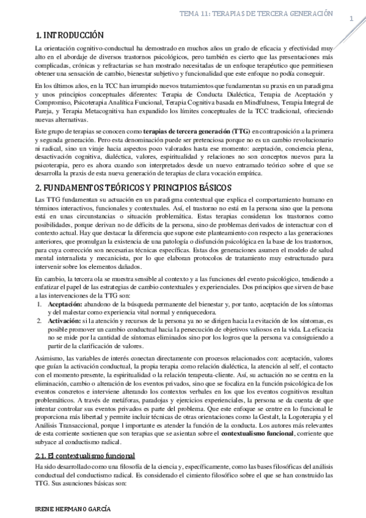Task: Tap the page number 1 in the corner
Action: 352,20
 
